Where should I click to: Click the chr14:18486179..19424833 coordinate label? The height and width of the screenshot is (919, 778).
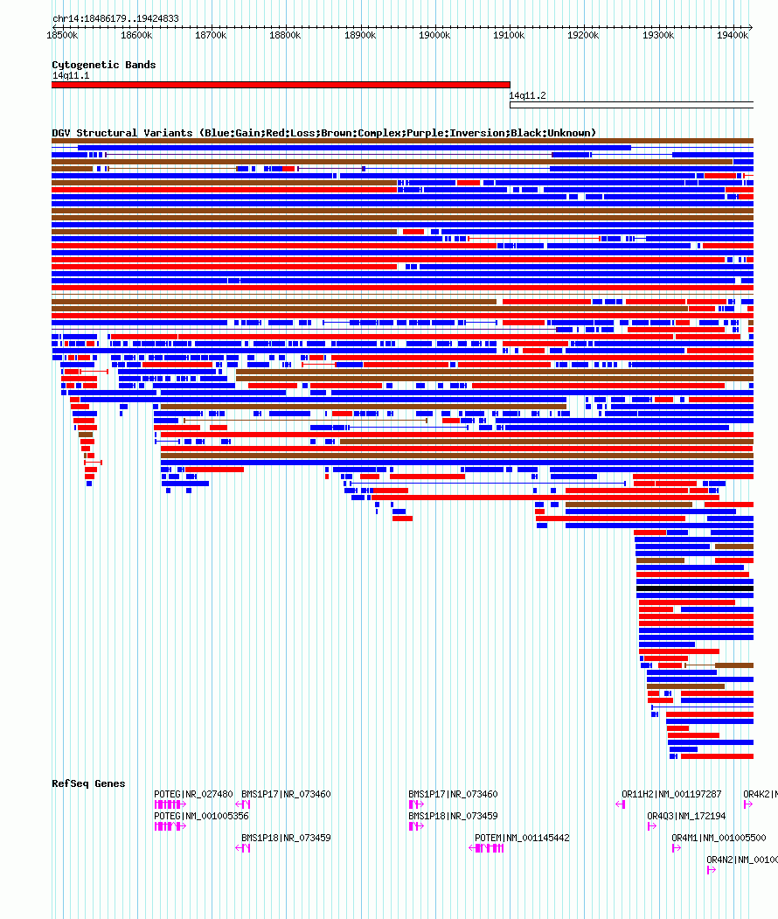pos(115,18)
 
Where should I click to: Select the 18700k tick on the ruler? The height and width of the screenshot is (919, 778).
pos(211,35)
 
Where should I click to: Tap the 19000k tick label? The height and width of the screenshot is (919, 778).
pos(434,35)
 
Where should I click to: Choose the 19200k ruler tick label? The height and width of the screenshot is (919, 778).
pos(583,35)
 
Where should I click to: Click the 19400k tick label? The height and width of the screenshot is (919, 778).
pos(733,35)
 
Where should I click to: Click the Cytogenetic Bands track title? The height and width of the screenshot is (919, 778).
pos(103,65)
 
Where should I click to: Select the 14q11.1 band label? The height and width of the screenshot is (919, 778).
pos(70,75)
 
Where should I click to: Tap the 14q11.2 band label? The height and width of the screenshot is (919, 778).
pos(527,95)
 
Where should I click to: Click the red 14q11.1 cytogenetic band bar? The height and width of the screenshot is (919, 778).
pos(280,85)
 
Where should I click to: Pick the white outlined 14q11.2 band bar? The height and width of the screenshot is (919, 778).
pos(630,105)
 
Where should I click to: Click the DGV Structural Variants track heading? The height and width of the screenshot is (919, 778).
pos(323,133)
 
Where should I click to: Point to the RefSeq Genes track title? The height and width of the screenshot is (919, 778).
pos(88,783)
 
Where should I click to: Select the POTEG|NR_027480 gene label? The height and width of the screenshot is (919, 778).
pos(193,794)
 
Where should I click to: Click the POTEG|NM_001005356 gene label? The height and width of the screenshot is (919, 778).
pos(201,816)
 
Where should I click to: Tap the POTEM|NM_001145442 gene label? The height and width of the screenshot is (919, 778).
pos(522,838)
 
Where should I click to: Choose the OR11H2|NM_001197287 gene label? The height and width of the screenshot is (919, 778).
pos(671,794)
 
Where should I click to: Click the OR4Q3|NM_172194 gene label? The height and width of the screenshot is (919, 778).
pos(686,816)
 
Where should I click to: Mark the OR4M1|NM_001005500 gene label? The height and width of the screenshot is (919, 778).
pos(718,838)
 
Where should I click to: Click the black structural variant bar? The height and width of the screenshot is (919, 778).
pos(694,589)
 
